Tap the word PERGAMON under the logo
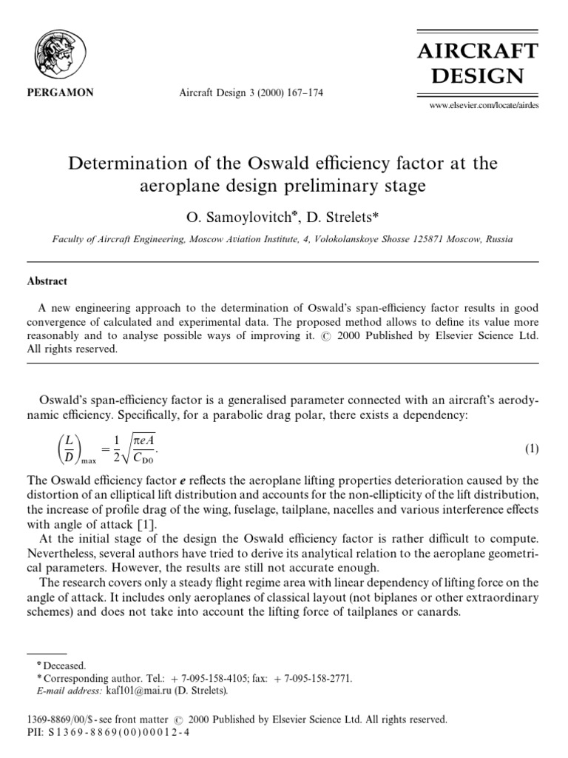point(55,94)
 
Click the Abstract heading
point(48,281)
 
